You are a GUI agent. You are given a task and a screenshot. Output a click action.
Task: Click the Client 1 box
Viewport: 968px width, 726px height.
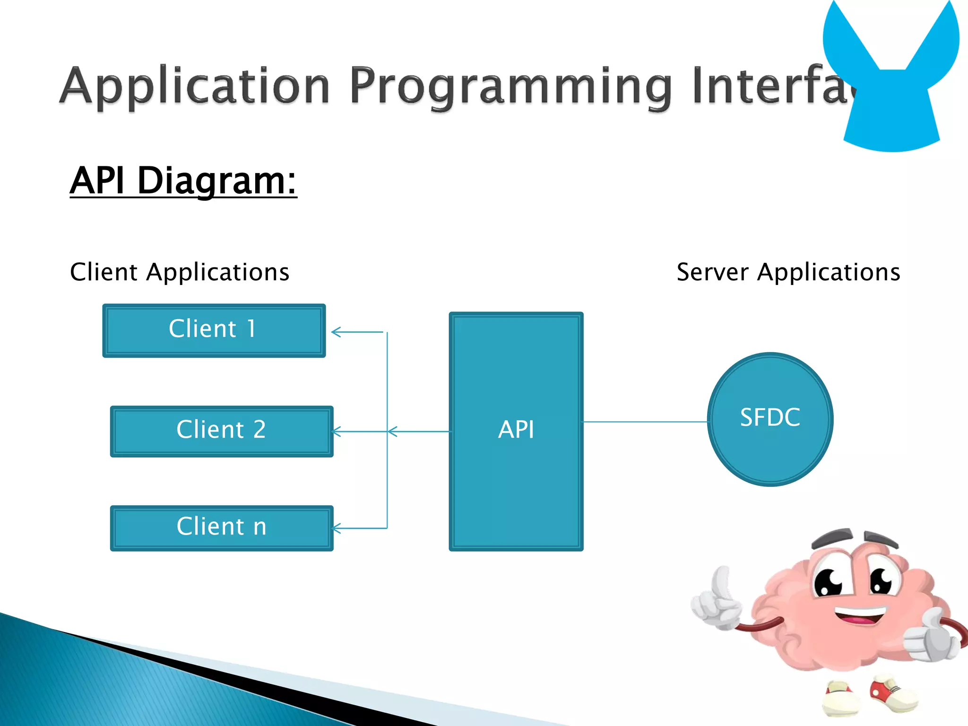(214, 330)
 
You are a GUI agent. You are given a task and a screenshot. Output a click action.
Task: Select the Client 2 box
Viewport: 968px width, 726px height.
(221, 431)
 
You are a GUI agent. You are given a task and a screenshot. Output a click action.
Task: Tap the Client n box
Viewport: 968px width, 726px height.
(221, 528)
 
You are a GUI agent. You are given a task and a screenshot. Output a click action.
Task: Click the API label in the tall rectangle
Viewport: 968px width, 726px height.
(516, 430)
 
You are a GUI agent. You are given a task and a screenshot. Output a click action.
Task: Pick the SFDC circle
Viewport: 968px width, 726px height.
(770, 419)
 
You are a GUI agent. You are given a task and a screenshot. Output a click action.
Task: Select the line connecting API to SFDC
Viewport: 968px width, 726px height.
(645, 422)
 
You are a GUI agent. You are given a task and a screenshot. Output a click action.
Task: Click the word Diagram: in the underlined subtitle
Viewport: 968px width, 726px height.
(216, 181)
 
